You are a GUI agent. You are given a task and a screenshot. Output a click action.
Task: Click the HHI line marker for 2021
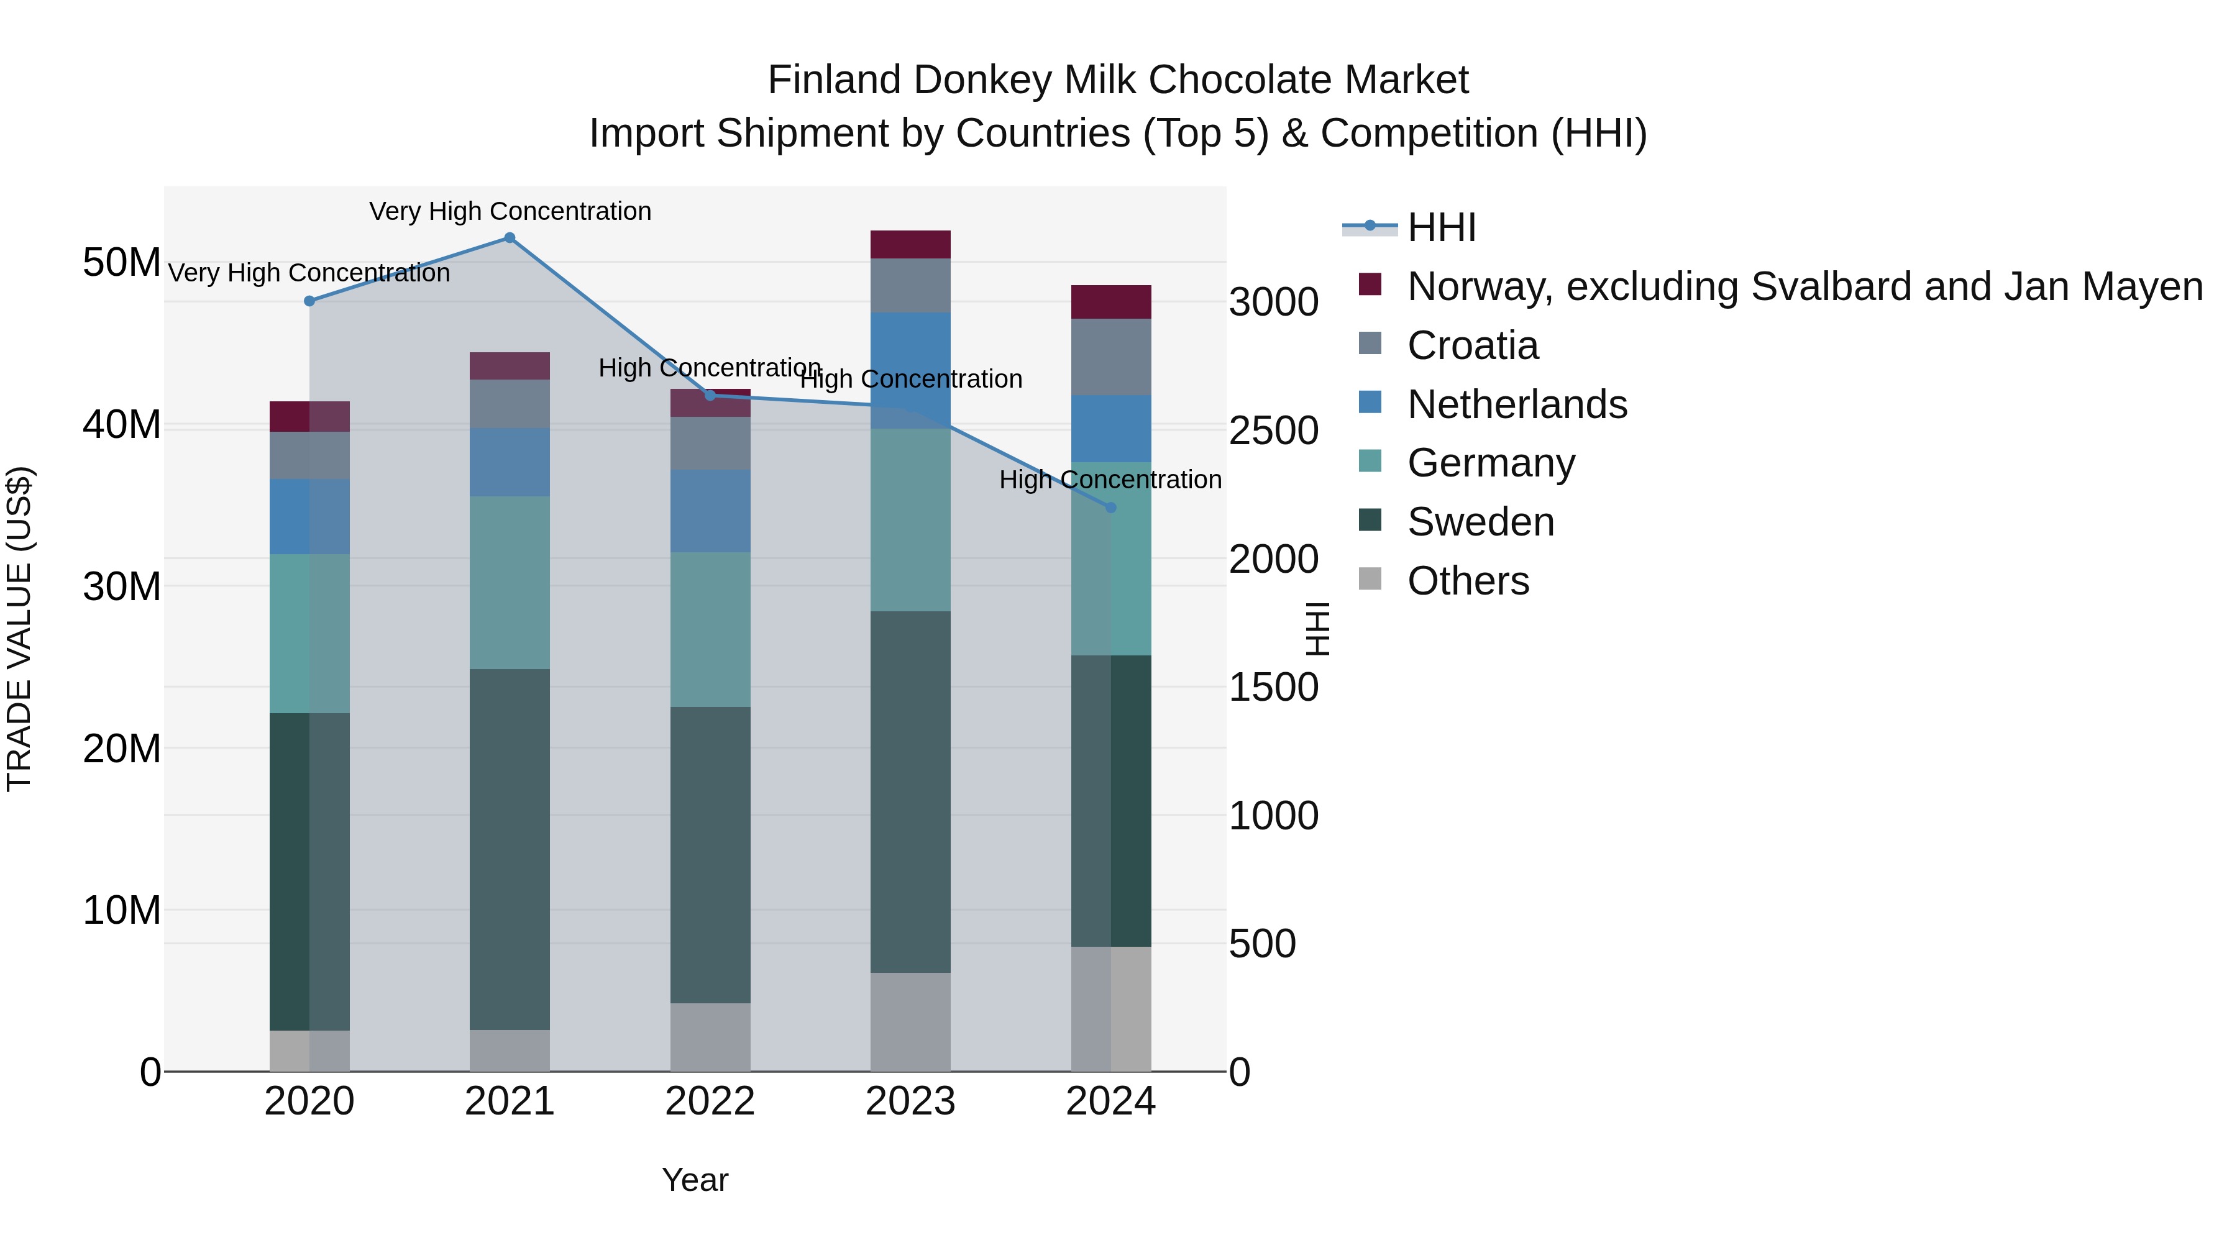(x=510, y=238)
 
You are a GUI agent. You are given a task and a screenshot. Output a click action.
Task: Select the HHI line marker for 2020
(x=309, y=301)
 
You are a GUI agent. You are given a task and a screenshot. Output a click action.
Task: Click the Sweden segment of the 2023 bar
(x=910, y=792)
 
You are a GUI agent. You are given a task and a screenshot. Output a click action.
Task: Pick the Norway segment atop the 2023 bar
(x=910, y=245)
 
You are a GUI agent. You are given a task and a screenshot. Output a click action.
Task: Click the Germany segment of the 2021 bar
(x=510, y=583)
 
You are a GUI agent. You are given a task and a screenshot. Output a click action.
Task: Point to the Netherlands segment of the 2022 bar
(x=710, y=511)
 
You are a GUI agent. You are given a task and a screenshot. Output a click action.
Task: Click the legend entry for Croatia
(x=1472, y=345)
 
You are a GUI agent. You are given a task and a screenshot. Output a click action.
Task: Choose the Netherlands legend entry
(x=1516, y=404)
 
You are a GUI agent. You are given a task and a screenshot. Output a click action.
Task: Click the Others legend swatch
(x=1370, y=578)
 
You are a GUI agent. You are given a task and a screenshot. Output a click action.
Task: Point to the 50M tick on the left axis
(x=122, y=262)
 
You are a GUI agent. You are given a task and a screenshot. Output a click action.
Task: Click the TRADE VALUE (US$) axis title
(x=20, y=629)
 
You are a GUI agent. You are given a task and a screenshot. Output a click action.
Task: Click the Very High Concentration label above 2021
(x=510, y=211)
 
